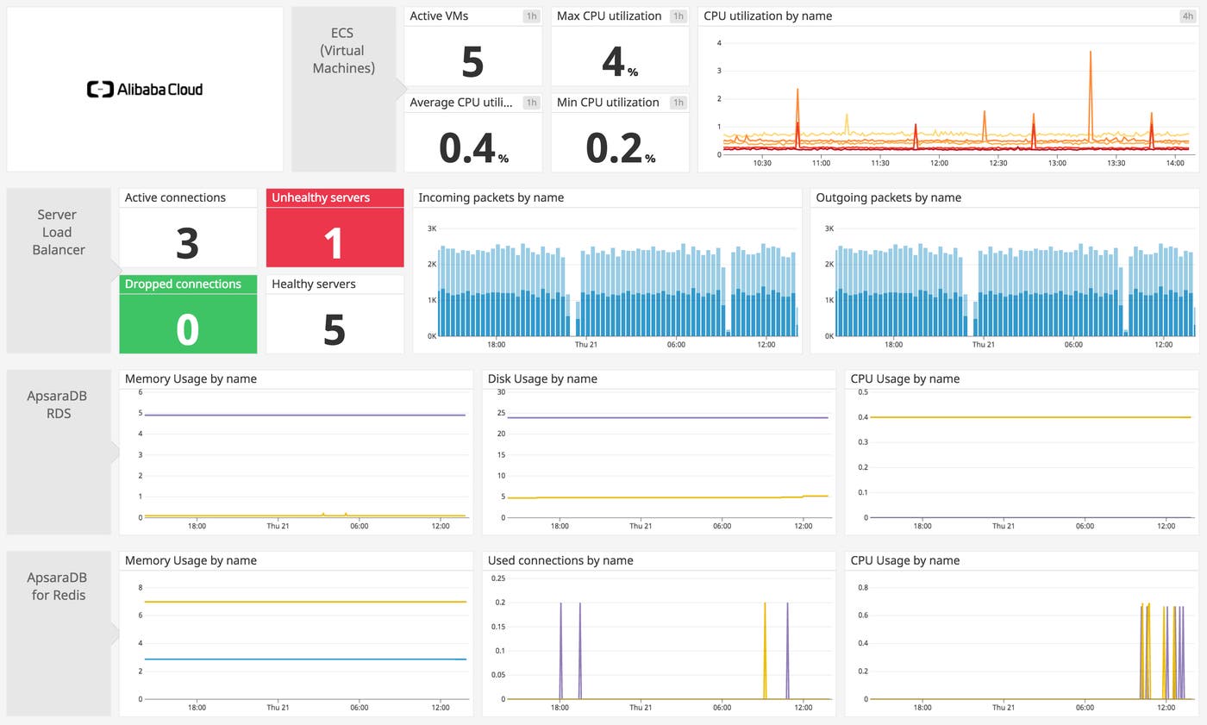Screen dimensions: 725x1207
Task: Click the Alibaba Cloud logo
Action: [x=145, y=89]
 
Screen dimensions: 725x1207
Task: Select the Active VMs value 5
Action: [x=472, y=62]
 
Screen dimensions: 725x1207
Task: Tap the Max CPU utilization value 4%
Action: [x=617, y=62]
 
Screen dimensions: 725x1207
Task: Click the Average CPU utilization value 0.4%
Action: [x=472, y=147]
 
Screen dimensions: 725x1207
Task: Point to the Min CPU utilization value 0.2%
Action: [x=619, y=147]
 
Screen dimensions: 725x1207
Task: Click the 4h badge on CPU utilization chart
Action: [x=1187, y=16]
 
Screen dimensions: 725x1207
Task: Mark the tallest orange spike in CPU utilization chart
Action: [x=1091, y=53]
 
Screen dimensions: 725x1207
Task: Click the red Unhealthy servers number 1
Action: [x=334, y=242]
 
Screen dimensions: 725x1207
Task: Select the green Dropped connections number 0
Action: [x=187, y=329]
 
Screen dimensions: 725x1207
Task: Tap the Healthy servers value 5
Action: [x=334, y=329]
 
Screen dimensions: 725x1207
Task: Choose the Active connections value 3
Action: [x=187, y=242]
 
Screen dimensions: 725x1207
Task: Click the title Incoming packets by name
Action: [x=491, y=197]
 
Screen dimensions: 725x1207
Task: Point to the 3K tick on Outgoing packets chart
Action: [x=829, y=228]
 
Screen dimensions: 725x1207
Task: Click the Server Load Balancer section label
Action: [x=58, y=232]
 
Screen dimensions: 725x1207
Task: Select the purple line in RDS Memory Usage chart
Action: [x=293, y=415]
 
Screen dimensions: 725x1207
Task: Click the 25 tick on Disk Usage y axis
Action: [x=500, y=413]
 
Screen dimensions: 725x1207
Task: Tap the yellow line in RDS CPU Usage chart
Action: [x=1017, y=417]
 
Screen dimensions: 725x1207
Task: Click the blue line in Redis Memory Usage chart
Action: [x=293, y=659]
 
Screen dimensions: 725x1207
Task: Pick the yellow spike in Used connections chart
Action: [x=765, y=605]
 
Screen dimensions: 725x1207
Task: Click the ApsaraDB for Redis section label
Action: [x=58, y=586]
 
